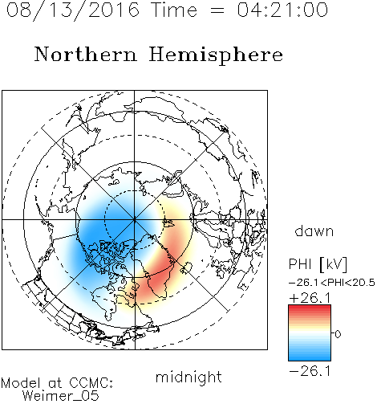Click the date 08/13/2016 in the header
(x=73, y=10)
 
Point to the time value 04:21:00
(x=282, y=10)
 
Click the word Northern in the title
(x=86, y=54)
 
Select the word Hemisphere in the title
(x=216, y=55)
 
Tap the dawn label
(x=314, y=231)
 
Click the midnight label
(x=188, y=377)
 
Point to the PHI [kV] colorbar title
(x=318, y=264)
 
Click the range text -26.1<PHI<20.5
(x=332, y=283)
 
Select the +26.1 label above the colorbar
(x=310, y=298)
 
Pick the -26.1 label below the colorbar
(x=310, y=371)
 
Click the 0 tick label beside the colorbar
(x=338, y=334)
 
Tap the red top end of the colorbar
(x=310, y=308)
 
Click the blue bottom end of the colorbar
(x=310, y=358)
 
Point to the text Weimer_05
(x=61, y=395)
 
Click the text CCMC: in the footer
(x=91, y=383)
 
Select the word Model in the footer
(x=21, y=383)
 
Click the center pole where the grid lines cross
(x=135, y=220)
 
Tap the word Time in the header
(x=174, y=10)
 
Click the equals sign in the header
(x=217, y=10)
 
